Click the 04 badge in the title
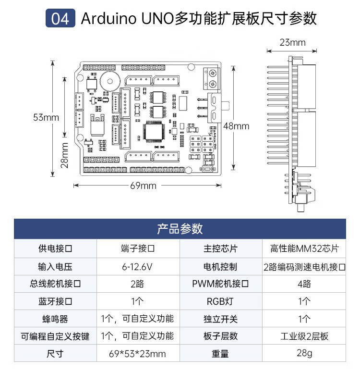point(60,19)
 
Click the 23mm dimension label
point(292,42)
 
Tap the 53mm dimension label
point(46,117)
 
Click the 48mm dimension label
point(237,126)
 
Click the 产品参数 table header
point(180,229)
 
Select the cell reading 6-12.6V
point(138,266)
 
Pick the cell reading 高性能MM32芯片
point(304,249)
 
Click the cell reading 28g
point(304,354)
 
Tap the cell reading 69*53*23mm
point(138,354)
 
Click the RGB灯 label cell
point(220,301)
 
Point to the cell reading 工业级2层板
point(304,336)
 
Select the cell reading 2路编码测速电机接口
point(304,266)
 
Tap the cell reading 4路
point(304,284)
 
